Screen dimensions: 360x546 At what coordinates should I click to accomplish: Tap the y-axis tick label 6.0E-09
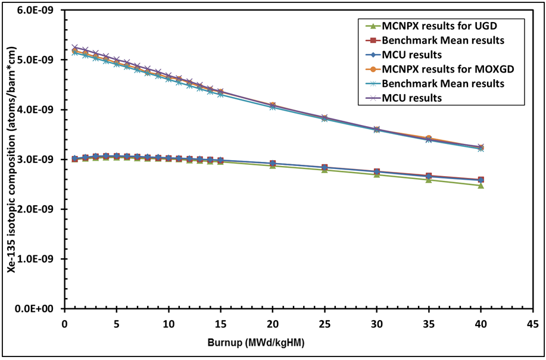[38, 10]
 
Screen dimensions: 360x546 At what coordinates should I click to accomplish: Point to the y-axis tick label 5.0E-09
[38, 60]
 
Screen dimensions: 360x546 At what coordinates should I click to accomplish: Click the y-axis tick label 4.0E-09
[38, 110]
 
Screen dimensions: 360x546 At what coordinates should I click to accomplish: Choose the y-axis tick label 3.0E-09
[38, 159]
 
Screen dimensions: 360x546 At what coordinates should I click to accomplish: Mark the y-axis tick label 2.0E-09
[38, 209]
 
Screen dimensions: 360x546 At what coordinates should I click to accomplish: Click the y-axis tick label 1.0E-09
[38, 259]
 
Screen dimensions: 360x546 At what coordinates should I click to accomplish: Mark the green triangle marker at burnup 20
[273, 165]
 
